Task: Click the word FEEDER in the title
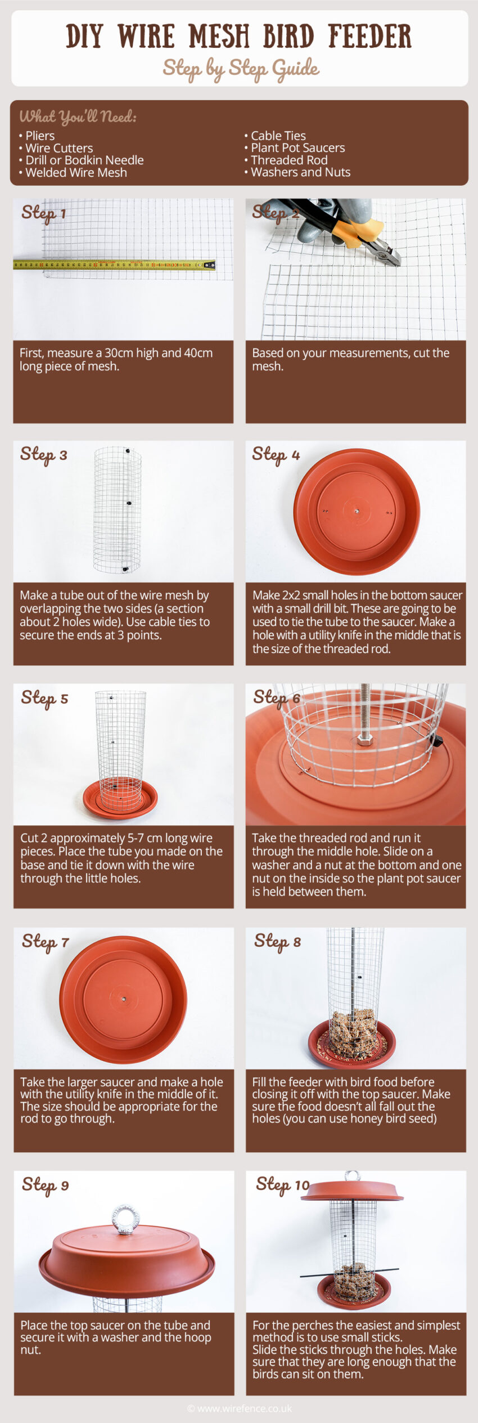coord(369,37)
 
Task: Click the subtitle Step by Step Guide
coord(241,69)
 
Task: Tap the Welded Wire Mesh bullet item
coord(76,173)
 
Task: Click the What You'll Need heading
coord(78,117)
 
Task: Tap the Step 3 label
coord(43,454)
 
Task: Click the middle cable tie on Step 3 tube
coord(129,503)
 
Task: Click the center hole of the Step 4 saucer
coord(357,512)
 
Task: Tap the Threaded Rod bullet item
coord(289,160)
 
